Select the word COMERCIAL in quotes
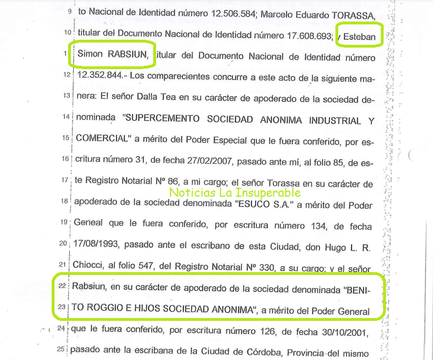(100, 137)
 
